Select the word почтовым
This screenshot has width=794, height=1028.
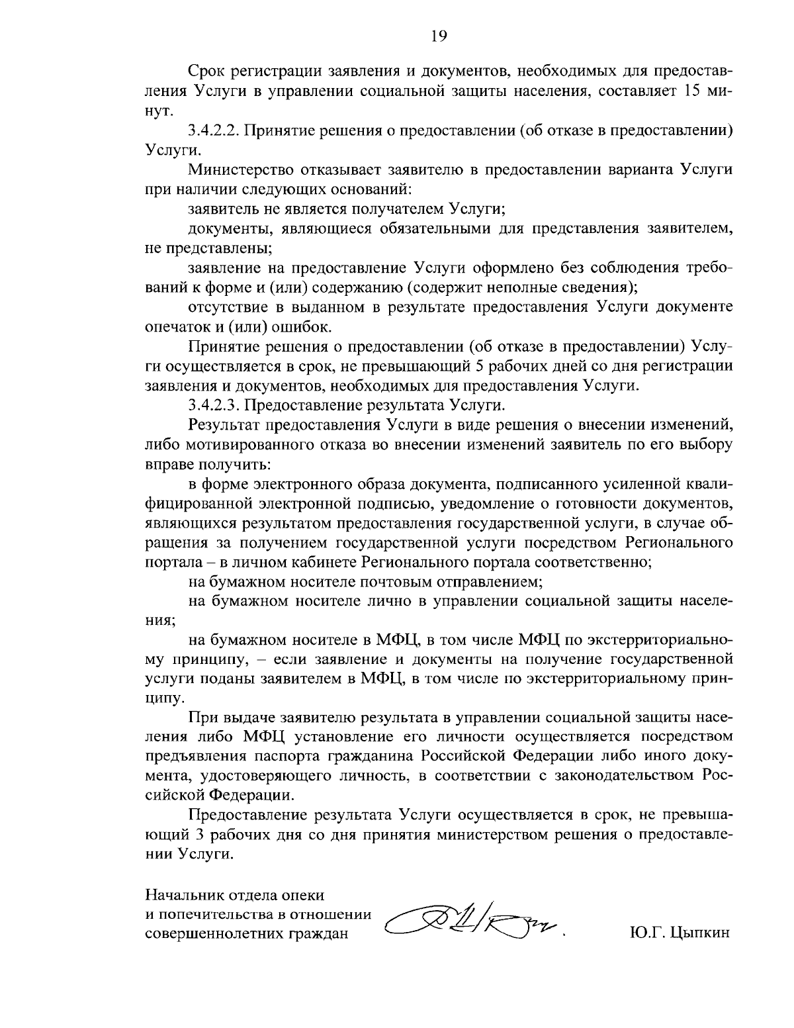pos(395,582)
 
